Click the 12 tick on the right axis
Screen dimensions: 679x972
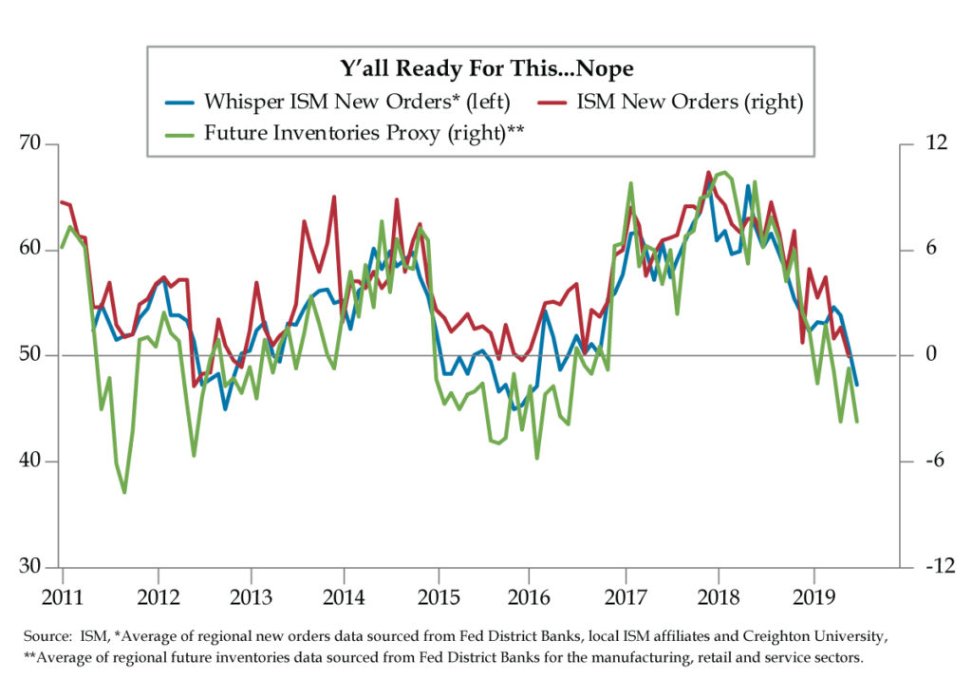(924, 144)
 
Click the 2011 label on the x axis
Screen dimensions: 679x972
(63, 596)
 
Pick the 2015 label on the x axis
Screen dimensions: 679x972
(439, 596)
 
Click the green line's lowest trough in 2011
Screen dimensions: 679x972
(124, 492)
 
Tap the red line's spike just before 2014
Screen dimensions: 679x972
(334, 198)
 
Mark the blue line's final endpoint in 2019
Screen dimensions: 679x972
(857, 385)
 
